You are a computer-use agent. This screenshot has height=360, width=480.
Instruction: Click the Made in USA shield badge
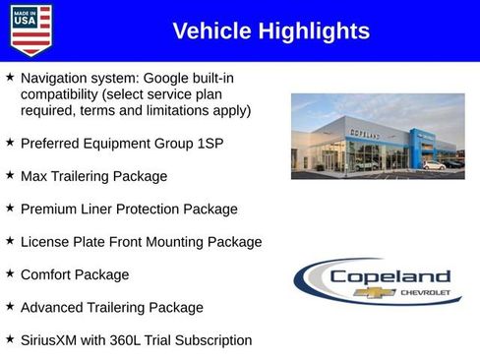30,30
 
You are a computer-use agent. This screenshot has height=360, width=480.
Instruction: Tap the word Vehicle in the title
210,31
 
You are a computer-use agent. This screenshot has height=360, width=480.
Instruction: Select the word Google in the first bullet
169,78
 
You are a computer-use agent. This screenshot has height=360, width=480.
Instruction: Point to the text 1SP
209,144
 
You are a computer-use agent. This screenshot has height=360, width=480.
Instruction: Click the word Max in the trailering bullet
34,176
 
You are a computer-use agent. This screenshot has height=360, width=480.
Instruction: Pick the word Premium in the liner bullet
49,210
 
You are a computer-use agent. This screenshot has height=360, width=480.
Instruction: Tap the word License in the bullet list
46,242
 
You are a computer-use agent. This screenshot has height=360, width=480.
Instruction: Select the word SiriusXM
52,340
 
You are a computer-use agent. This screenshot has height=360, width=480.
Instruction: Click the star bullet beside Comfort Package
10,273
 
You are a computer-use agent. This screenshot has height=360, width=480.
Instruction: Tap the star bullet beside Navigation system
10,76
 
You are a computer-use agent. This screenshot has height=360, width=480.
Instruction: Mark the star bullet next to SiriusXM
10,338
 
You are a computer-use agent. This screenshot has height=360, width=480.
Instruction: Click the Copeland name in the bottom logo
390,277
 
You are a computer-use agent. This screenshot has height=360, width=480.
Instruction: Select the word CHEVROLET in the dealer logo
425,293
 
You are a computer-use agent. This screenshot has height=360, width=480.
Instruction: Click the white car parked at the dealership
434,165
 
